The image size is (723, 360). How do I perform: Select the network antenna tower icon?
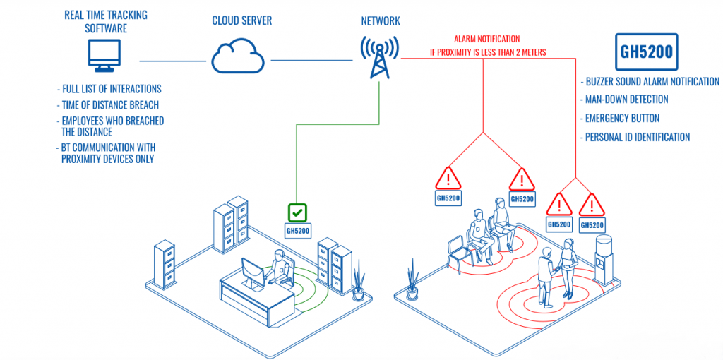[380, 57]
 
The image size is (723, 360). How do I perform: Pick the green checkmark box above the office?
[297, 212]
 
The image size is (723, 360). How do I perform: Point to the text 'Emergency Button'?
[621, 119]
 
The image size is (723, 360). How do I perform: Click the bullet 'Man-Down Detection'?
[626, 100]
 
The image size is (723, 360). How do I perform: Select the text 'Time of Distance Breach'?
[110, 105]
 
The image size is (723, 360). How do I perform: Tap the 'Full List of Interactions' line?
[111, 89]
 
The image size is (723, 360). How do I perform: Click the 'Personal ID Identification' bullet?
[637, 137]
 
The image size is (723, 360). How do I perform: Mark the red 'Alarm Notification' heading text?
[486, 40]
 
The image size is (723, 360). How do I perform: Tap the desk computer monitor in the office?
[251, 272]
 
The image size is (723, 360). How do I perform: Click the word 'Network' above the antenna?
[380, 21]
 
